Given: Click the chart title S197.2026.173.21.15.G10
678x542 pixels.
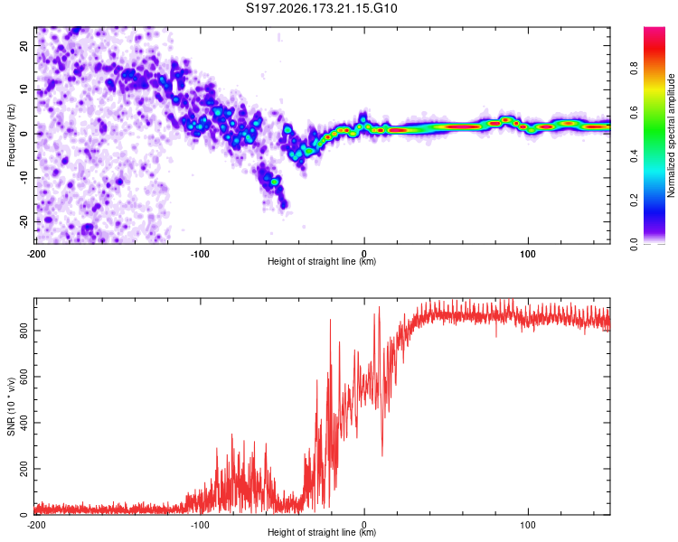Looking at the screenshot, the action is tap(321, 8).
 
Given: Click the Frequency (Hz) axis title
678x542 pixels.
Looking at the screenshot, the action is tap(11, 135).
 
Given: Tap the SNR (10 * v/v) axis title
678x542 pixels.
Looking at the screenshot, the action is tap(11, 406).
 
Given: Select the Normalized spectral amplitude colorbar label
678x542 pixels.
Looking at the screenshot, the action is tap(671, 135).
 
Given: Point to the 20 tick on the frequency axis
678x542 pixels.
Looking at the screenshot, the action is tap(24, 45).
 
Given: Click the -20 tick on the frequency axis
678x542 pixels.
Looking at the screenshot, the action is tap(24, 221).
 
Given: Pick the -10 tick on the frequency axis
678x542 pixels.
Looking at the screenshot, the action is tap(24, 178).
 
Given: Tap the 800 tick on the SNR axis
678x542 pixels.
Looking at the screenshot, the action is tap(24, 331).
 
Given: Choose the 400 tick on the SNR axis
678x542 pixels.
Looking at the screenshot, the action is tap(24, 423).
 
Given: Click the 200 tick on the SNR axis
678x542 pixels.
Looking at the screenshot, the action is tap(24, 469).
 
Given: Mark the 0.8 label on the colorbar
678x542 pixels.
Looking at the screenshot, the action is tap(634, 69).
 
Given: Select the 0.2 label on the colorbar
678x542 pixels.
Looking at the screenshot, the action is tap(634, 201).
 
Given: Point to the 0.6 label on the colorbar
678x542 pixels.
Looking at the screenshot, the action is tap(634, 112).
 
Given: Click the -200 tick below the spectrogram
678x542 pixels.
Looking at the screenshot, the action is tap(36, 254).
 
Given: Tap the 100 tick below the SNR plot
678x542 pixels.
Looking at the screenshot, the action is tap(528, 525).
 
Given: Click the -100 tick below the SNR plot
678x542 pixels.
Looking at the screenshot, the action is tap(200, 525).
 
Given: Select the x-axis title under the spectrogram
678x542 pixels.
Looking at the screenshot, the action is tap(322, 261).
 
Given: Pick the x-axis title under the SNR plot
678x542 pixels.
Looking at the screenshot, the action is tap(322, 532).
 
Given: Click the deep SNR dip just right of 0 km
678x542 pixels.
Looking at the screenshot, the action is tap(382, 453).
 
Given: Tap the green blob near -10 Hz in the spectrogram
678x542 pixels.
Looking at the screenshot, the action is tap(274, 182).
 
